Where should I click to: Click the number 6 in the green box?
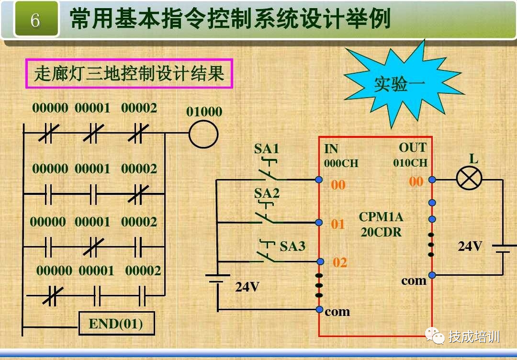(x=35, y=20)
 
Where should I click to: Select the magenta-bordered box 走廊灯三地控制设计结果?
(x=129, y=74)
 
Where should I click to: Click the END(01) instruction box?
(x=116, y=324)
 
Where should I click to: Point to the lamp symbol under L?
(x=469, y=180)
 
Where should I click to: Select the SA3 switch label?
(x=292, y=247)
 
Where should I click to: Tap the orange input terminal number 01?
(x=338, y=224)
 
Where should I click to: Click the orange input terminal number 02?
(x=340, y=262)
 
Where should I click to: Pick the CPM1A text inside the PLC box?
(x=381, y=217)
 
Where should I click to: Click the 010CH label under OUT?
(x=410, y=163)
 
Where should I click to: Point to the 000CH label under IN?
(x=341, y=163)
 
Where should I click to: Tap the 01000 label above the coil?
(x=204, y=112)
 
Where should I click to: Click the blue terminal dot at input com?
(x=320, y=309)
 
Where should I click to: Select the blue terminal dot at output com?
(x=432, y=275)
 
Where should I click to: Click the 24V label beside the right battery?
(x=470, y=246)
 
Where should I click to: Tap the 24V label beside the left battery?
(x=247, y=287)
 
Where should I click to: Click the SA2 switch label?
(x=267, y=193)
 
